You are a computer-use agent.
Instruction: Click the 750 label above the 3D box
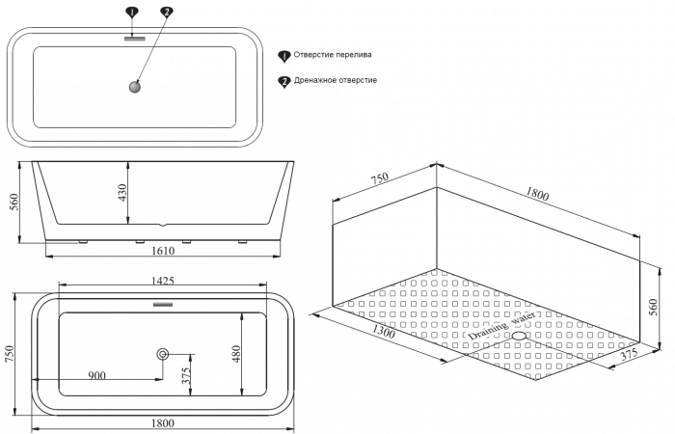380,179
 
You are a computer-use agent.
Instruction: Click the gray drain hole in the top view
134,88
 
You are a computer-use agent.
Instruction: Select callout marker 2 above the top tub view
167,13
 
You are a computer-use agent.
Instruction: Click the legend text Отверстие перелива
333,56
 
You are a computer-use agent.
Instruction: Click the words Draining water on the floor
502,330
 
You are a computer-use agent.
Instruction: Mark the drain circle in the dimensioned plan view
162,355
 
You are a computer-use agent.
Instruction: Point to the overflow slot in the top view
134,39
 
